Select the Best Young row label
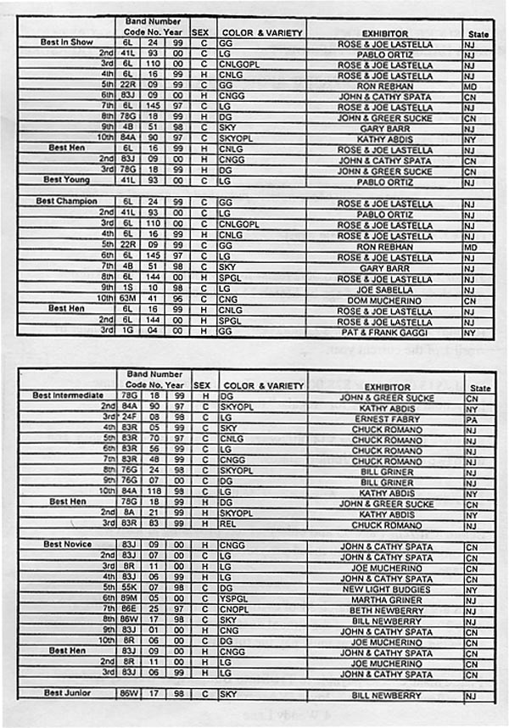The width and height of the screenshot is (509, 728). point(65,180)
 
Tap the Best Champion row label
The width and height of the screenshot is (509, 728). point(66,201)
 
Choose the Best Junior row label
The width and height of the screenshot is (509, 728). point(65,693)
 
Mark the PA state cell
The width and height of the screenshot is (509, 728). point(470,417)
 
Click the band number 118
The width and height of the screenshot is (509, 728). point(154,493)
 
